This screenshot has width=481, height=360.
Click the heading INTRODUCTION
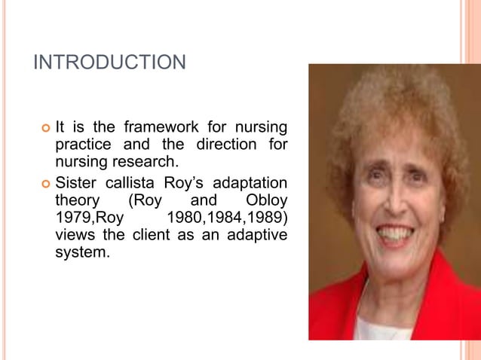click(x=109, y=62)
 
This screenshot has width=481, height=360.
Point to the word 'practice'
click(x=81, y=143)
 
